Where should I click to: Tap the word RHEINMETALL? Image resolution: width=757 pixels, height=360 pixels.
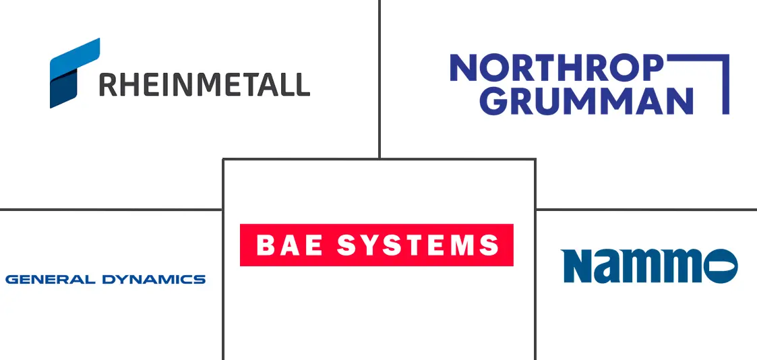pos(204,84)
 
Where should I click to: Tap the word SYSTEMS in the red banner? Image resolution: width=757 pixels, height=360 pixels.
pos(418,245)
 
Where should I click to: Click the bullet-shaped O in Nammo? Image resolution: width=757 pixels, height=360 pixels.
pos(721,266)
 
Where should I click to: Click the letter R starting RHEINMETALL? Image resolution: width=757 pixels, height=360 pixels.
pos(108,84)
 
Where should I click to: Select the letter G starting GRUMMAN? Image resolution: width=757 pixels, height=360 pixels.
pos(497,100)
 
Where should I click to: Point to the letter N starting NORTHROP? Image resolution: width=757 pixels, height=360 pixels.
pos(463,68)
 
